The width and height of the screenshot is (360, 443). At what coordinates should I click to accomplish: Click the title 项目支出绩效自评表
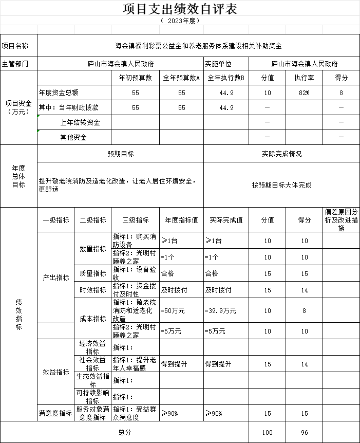[x=180, y=9]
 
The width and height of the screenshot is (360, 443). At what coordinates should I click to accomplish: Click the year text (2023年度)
[x=180, y=21]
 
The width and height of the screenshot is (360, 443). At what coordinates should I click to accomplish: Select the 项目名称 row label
[x=18, y=46]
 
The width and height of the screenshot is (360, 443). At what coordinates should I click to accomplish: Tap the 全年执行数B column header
[x=226, y=78]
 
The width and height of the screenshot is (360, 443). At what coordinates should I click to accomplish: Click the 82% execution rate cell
[x=305, y=93]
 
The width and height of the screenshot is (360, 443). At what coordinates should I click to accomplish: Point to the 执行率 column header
[x=305, y=78]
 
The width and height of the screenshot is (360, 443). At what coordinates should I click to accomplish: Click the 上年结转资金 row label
[x=80, y=123]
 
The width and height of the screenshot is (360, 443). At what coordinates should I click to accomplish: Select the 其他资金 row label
[x=73, y=138]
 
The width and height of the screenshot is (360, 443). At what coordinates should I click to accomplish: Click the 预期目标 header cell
[x=121, y=154]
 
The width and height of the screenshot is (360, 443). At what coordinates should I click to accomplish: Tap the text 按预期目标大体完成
[x=281, y=185]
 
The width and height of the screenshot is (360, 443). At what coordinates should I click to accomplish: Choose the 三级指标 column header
[x=136, y=220]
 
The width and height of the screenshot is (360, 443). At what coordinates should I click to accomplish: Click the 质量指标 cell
[x=92, y=274]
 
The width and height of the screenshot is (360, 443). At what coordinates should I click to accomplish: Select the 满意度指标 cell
[x=55, y=413]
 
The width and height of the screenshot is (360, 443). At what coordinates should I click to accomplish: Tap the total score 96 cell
[x=305, y=433]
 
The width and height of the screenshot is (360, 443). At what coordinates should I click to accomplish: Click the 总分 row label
[x=125, y=433]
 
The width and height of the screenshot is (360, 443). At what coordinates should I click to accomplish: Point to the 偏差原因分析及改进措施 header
[x=341, y=220]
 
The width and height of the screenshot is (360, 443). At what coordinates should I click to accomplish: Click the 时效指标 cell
[x=92, y=290]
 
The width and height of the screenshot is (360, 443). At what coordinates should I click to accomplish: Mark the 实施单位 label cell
[x=218, y=64]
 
